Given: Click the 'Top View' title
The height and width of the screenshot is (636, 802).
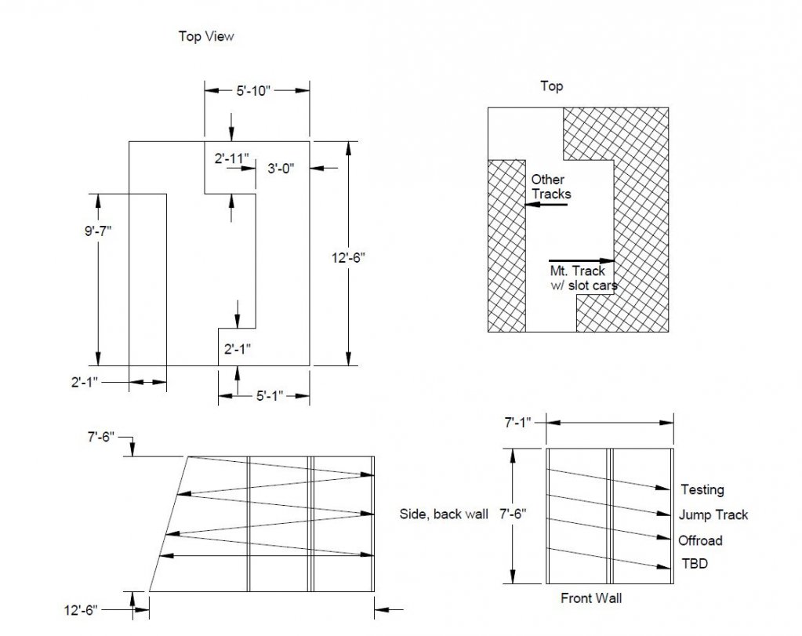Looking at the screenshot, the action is [x=206, y=36].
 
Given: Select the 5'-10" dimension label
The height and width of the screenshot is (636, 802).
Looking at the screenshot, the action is [x=253, y=90].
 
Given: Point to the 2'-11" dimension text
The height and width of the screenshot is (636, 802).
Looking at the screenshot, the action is [x=232, y=158].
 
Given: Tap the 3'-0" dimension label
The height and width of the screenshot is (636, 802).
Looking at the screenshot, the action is [x=281, y=169].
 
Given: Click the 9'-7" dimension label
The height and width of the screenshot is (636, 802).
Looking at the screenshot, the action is [x=98, y=231].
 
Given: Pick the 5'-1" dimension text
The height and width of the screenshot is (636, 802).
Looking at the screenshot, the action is [x=270, y=396].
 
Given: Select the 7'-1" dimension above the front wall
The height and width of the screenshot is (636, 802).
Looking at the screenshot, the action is [x=517, y=423].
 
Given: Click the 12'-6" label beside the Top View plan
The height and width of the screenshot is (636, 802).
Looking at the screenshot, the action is [x=348, y=257].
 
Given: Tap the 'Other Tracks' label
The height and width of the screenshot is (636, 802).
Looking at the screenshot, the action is [x=551, y=187].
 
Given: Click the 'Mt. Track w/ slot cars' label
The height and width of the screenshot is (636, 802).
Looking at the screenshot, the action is [x=583, y=278].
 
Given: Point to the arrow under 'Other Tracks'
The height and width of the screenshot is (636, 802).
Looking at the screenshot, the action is [x=546, y=205].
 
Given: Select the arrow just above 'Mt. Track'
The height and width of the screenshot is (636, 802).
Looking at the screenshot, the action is [x=582, y=261].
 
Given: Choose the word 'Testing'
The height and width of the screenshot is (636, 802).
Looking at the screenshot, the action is [x=702, y=489].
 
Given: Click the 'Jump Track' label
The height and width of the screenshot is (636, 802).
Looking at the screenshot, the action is [x=713, y=514].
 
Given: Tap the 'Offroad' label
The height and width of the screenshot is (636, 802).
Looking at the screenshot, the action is [x=700, y=540].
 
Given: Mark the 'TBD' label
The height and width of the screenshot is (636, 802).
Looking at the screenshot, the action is [x=695, y=563].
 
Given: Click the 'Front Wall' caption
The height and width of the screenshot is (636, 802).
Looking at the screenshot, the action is [x=591, y=598].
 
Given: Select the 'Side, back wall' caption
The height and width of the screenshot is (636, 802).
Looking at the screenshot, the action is [x=444, y=514].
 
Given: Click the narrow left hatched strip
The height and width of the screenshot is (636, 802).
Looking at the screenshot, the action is [x=507, y=246].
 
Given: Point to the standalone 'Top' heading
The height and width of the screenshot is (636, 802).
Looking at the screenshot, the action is [x=552, y=86].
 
